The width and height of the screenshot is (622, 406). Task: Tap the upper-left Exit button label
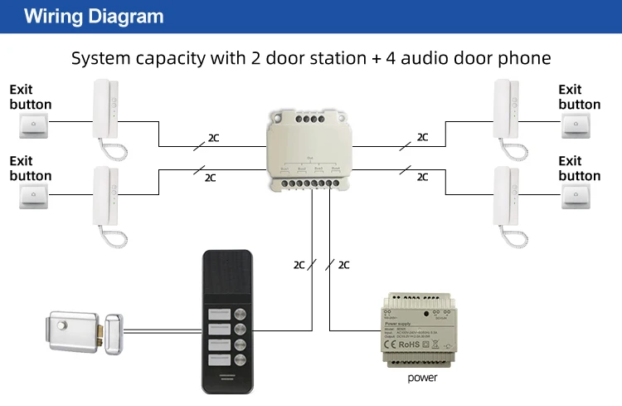click(x=30, y=96)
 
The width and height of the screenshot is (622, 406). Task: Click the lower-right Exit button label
click(x=579, y=168)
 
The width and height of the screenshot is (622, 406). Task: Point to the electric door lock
click(x=83, y=330)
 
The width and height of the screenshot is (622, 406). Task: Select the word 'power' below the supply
click(x=421, y=378)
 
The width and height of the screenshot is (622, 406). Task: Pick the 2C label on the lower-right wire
click(x=422, y=177)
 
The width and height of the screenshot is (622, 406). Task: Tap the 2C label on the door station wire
click(x=299, y=265)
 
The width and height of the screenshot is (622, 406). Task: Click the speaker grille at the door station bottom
click(x=226, y=376)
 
